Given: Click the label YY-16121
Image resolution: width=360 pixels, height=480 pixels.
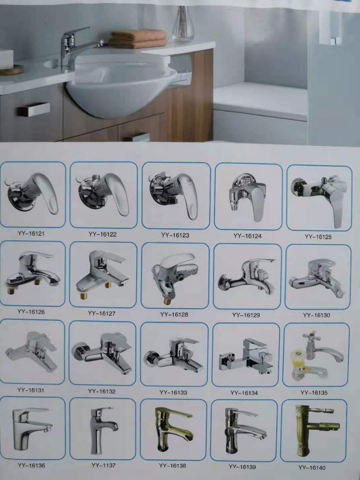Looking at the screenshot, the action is (31, 234).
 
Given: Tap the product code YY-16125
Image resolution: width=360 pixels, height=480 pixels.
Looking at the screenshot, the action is (318, 237).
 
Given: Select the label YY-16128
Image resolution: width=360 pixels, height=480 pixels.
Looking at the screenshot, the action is (174, 314).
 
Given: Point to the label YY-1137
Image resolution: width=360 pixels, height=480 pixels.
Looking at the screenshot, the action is (103, 465).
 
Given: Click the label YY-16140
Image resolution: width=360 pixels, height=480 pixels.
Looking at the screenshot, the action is (312, 467).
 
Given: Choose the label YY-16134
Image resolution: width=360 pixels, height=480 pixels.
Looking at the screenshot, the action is (244, 393).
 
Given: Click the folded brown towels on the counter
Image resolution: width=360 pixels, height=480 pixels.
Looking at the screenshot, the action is (139, 39).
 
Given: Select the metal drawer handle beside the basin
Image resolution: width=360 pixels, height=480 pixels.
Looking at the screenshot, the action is (34, 109).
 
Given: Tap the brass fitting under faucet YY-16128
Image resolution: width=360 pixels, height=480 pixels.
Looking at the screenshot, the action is (167, 301).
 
